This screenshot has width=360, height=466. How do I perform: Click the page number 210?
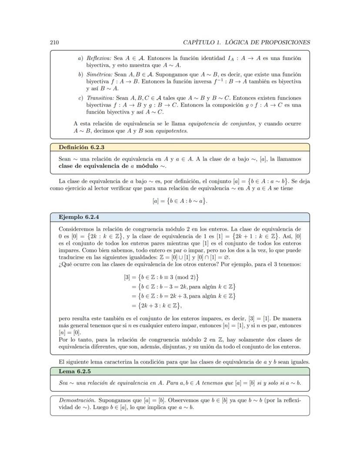54,42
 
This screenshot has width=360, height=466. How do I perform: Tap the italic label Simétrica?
99,74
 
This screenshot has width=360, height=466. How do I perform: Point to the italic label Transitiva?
100,98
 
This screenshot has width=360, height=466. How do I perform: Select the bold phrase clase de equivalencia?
88,166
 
